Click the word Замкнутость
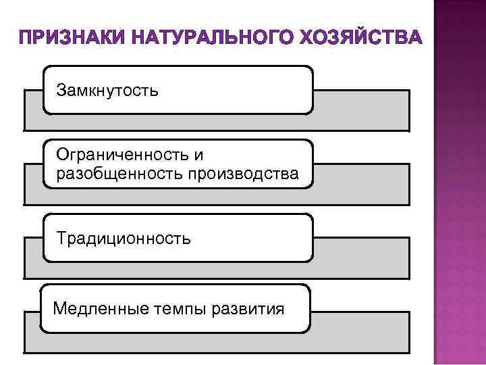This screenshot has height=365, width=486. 108,90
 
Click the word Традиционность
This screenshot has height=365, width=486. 124,239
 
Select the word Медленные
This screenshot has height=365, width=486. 97,309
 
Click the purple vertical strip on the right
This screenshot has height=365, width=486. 459,182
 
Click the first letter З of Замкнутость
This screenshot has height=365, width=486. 61,90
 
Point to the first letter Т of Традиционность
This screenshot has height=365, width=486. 61,239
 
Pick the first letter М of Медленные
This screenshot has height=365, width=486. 59,309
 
